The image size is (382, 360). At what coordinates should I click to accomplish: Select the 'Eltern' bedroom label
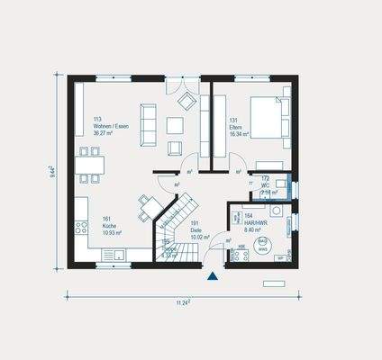pyautogui.click(x=234, y=127)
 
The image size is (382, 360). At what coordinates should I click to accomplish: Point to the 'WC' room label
pyautogui.click(x=266, y=185)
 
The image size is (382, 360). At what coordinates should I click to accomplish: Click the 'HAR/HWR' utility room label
pyautogui.click(x=256, y=222)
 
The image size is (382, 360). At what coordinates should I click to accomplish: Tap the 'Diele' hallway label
pyautogui.click(x=196, y=230)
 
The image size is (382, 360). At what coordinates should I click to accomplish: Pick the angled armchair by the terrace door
pyautogui.click(x=186, y=99)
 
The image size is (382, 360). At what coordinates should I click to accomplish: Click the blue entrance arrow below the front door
pyautogui.click(x=212, y=277)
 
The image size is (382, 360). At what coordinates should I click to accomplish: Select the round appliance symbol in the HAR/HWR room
pyautogui.click(x=262, y=242)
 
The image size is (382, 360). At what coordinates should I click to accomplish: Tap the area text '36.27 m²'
pyautogui.click(x=105, y=134)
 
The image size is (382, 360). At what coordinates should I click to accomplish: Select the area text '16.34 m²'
pyautogui.click(x=238, y=134)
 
